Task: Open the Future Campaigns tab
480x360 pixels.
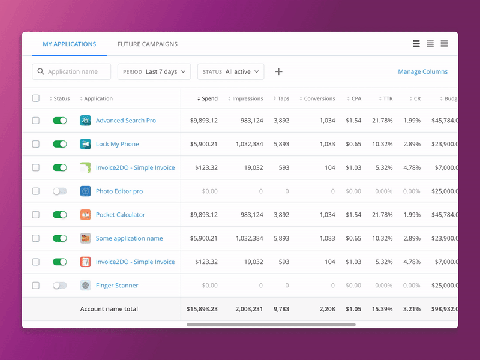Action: pyautogui.click(x=147, y=44)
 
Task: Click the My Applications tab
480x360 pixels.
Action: pyautogui.click(x=69, y=44)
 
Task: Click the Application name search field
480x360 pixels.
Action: pyautogui.click(x=72, y=72)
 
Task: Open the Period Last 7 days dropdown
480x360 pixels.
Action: pyautogui.click(x=154, y=72)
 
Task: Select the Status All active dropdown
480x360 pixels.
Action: pyautogui.click(x=231, y=72)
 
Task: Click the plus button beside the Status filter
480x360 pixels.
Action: pyautogui.click(x=278, y=72)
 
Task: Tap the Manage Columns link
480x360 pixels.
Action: pyautogui.click(x=422, y=72)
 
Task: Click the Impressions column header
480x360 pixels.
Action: pyautogui.click(x=247, y=99)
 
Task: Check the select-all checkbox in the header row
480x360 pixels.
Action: pyautogui.click(x=36, y=98)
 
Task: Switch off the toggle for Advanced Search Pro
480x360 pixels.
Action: pyautogui.click(x=60, y=121)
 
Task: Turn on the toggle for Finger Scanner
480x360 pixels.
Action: pyautogui.click(x=60, y=286)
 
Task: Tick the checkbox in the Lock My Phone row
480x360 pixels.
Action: pyautogui.click(x=36, y=144)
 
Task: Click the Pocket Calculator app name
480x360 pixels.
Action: pyautogui.click(x=121, y=215)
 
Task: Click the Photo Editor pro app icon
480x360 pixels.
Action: pyautogui.click(x=85, y=191)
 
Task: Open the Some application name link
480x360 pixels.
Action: pyautogui.click(x=129, y=238)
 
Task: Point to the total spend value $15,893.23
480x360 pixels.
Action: pyautogui.click(x=202, y=309)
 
